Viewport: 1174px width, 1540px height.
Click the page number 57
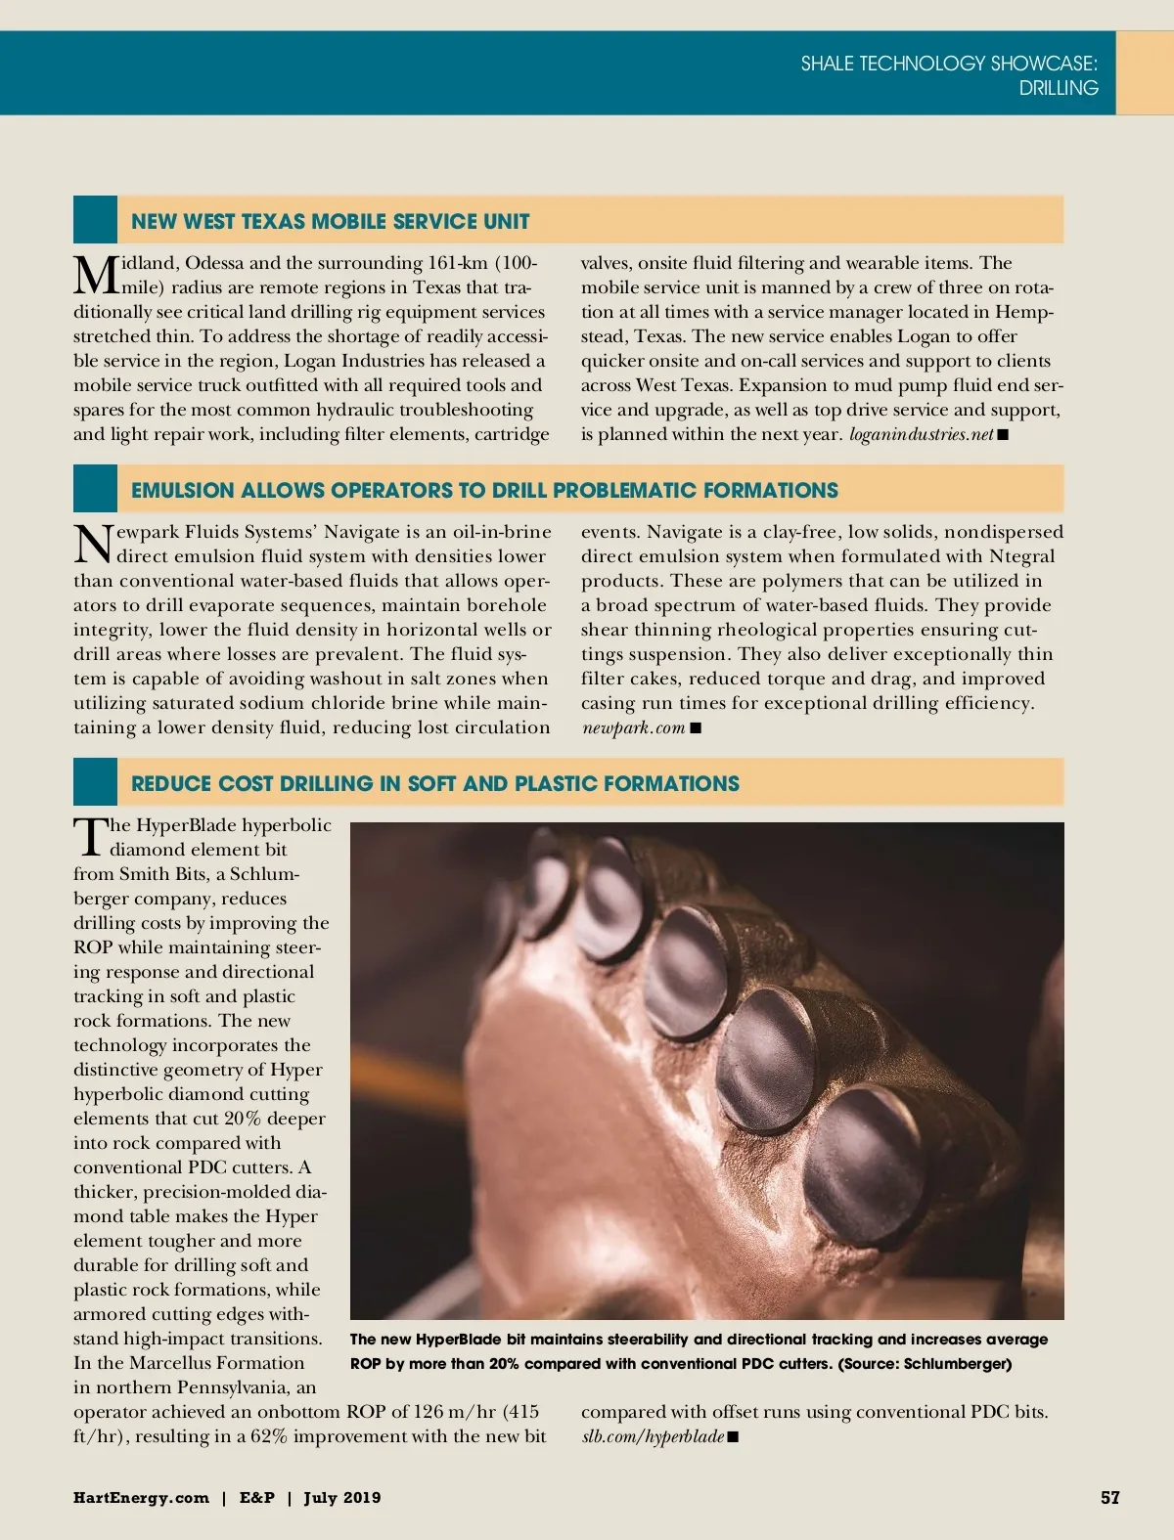pos(1109,1497)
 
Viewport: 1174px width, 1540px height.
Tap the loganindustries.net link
pos(921,434)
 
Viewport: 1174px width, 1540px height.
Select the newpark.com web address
pos(633,727)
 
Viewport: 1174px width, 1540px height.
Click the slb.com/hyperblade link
pos(653,1436)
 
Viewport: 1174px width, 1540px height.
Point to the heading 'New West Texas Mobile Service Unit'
pos(330,221)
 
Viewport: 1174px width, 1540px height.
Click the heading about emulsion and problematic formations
pos(484,490)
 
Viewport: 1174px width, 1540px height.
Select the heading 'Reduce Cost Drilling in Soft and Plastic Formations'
pos(434,783)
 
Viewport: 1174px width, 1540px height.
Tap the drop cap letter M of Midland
pos(95,275)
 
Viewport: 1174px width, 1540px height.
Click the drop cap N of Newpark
pos(93,544)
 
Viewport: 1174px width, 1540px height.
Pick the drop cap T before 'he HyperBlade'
pos(90,837)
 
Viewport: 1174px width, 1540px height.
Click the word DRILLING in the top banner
pos(1058,88)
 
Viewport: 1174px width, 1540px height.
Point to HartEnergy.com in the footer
pos(141,1497)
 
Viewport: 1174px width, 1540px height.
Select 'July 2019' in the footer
pos(341,1497)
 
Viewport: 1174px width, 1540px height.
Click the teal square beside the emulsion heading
pos(95,489)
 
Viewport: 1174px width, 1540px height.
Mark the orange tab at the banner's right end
pos(1145,73)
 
